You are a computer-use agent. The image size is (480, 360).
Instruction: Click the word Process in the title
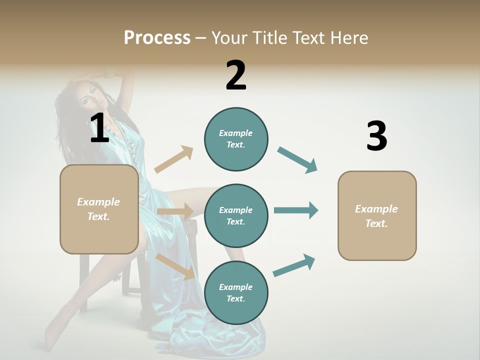(x=157, y=38)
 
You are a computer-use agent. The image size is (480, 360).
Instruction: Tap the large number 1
(x=99, y=128)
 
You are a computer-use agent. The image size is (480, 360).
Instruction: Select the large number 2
(x=236, y=76)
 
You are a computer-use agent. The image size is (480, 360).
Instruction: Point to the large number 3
(x=376, y=136)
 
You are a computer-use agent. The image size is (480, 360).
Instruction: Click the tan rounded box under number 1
(x=99, y=209)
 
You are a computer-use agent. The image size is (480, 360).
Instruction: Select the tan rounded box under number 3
(x=377, y=215)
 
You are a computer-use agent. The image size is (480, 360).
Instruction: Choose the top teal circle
(x=236, y=139)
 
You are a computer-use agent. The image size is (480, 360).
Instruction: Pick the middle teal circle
(x=236, y=216)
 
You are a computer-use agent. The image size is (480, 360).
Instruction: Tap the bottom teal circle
(x=236, y=293)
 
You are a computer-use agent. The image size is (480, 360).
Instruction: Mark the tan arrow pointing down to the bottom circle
(x=175, y=266)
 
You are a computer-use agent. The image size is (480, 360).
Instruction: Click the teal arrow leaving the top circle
(x=297, y=159)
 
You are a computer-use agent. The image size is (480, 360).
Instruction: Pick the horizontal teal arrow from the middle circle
(x=295, y=210)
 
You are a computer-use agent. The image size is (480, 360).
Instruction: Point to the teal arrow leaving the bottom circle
(x=294, y=265)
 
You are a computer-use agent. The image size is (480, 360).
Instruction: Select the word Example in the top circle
(x=236, y=133)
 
